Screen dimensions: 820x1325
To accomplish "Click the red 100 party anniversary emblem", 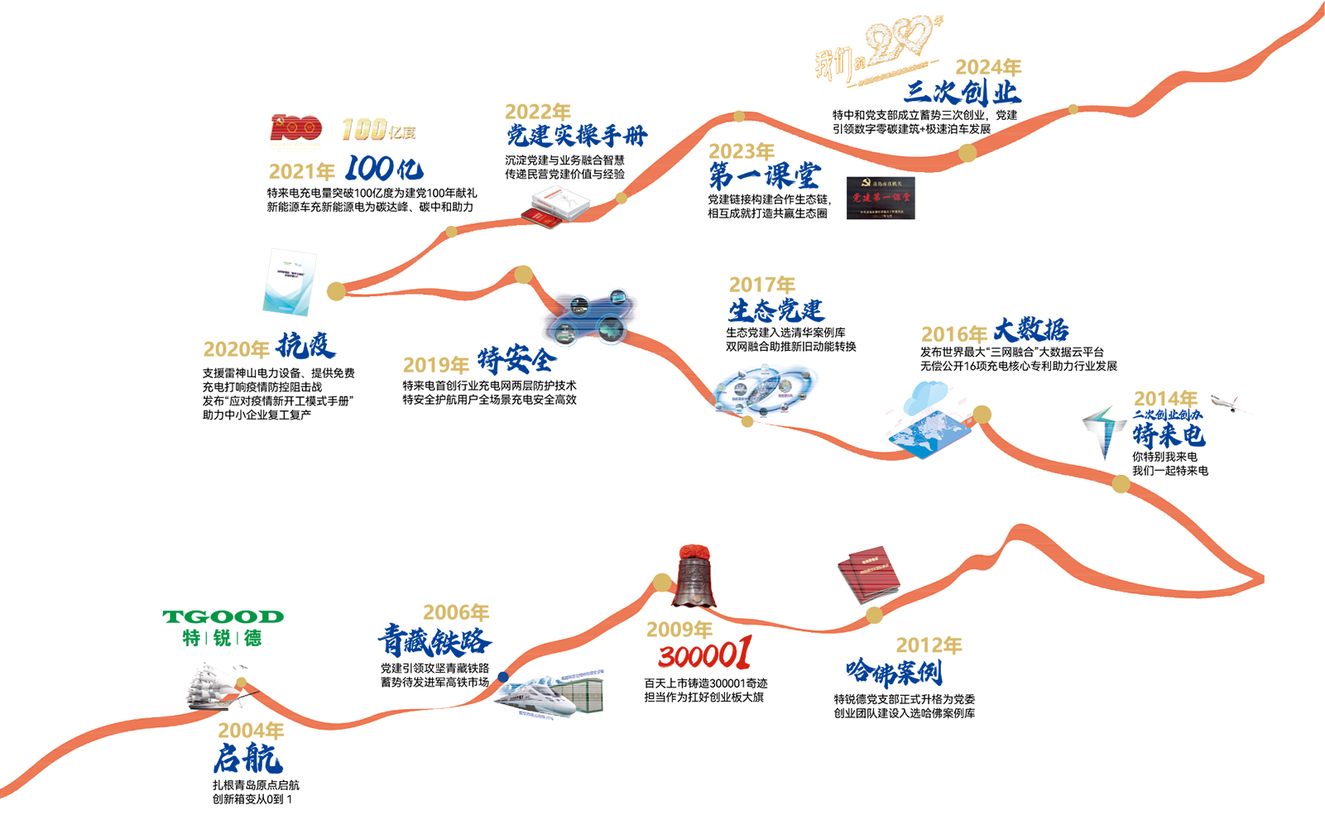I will [x=295, y=127].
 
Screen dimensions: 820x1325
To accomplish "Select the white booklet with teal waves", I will [x=290, y=282].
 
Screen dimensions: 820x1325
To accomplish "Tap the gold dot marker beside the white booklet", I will [x=334, y=290].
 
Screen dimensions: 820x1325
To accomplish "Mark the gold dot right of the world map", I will [x=982, y=414].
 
